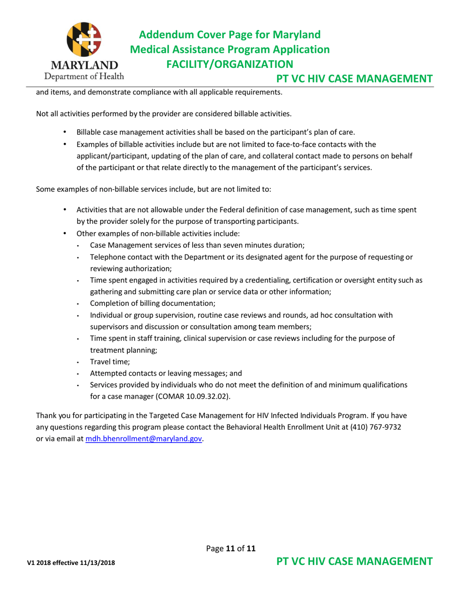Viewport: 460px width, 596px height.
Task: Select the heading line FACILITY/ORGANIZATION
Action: click(229, 64)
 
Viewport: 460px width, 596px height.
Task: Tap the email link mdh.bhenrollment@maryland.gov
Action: click(144, 439)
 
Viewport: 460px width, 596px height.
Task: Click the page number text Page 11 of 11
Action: click(230, 549)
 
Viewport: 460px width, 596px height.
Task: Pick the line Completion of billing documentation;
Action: click(153, 303)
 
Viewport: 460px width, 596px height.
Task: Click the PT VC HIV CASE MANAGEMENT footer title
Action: click(354, 563)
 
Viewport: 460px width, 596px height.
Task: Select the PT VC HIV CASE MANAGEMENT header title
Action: click(354, 79)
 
